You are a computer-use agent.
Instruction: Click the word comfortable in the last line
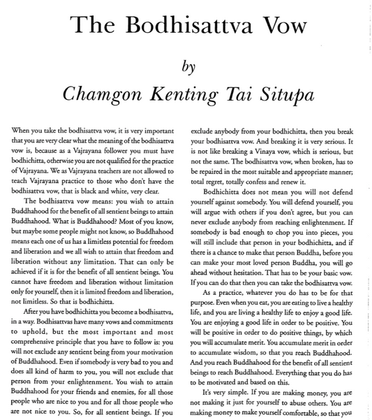point(318,412)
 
